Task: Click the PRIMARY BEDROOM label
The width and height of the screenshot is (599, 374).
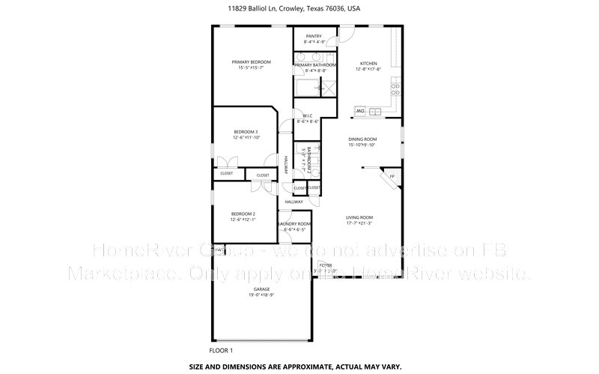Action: pos(251,61)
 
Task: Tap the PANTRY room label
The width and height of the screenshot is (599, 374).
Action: pos(314,35)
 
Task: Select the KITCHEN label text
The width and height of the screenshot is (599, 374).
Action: pos(368,63)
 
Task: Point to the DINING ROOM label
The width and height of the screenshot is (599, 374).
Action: pos(362,139)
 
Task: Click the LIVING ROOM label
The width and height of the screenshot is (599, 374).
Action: pos(359,217)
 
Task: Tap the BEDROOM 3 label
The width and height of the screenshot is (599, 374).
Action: pos(245,132)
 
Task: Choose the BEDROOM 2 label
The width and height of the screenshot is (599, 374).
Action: pos(244,214)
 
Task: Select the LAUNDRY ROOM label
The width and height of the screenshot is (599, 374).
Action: pos(294,224)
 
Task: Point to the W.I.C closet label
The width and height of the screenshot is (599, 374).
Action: pos(308,115)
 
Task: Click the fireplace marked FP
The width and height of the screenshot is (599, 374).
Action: pos(391,178)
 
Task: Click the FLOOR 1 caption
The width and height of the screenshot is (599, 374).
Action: pos(221,350)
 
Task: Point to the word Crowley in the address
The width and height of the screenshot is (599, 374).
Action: pos(291,10)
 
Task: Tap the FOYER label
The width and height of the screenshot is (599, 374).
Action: pos(326,265)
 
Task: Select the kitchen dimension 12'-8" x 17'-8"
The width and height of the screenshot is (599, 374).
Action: pos(368,69)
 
